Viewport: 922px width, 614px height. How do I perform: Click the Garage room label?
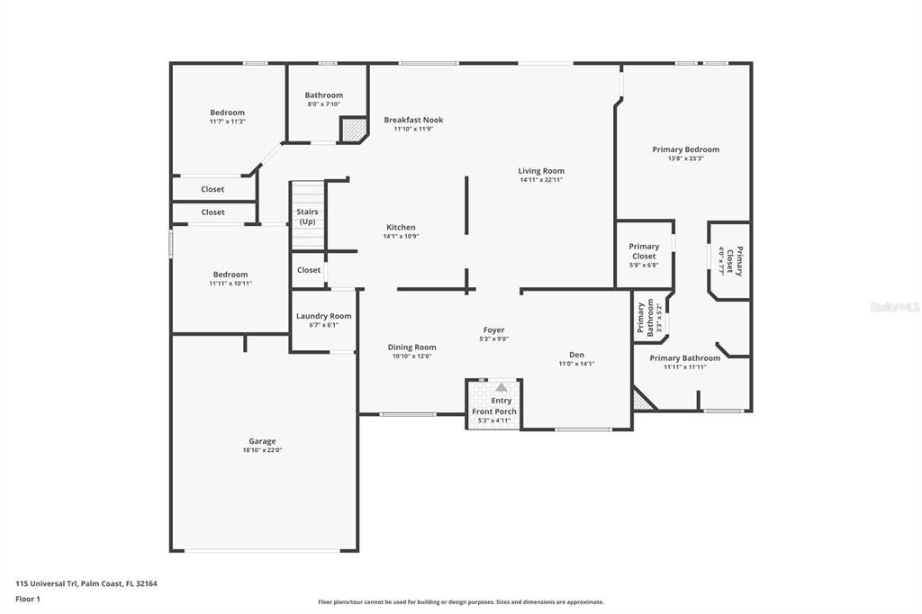coord(262,441)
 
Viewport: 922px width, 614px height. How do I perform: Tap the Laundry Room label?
coord(324,316)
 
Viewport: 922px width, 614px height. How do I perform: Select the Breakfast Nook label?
coord(413,120)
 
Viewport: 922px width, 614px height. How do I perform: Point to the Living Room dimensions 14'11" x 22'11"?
coord(541,180)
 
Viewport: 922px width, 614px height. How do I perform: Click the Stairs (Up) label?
coord(307,216)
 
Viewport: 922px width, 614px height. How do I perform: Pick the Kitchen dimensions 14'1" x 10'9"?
coord(401,237)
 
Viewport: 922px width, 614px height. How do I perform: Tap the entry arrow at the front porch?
coord(502,387)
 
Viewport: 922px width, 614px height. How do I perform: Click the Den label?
coord(576,355)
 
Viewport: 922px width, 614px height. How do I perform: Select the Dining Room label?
coord(411,348)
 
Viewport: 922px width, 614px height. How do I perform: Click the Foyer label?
coord(493,330)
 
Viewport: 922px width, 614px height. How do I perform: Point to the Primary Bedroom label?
coord(686,149)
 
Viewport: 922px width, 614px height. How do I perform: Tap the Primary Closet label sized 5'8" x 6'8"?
coord(644,251)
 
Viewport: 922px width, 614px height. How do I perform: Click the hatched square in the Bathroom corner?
coord(353,130)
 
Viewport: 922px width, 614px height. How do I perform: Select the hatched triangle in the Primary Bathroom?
coord(642,401)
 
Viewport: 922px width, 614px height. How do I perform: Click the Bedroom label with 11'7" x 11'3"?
coord(227,113)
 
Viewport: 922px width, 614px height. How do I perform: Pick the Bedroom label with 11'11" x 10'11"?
coord(230,275)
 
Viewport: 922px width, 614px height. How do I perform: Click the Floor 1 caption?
coord(28,599)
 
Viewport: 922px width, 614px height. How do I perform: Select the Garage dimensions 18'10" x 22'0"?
coord(262,450)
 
